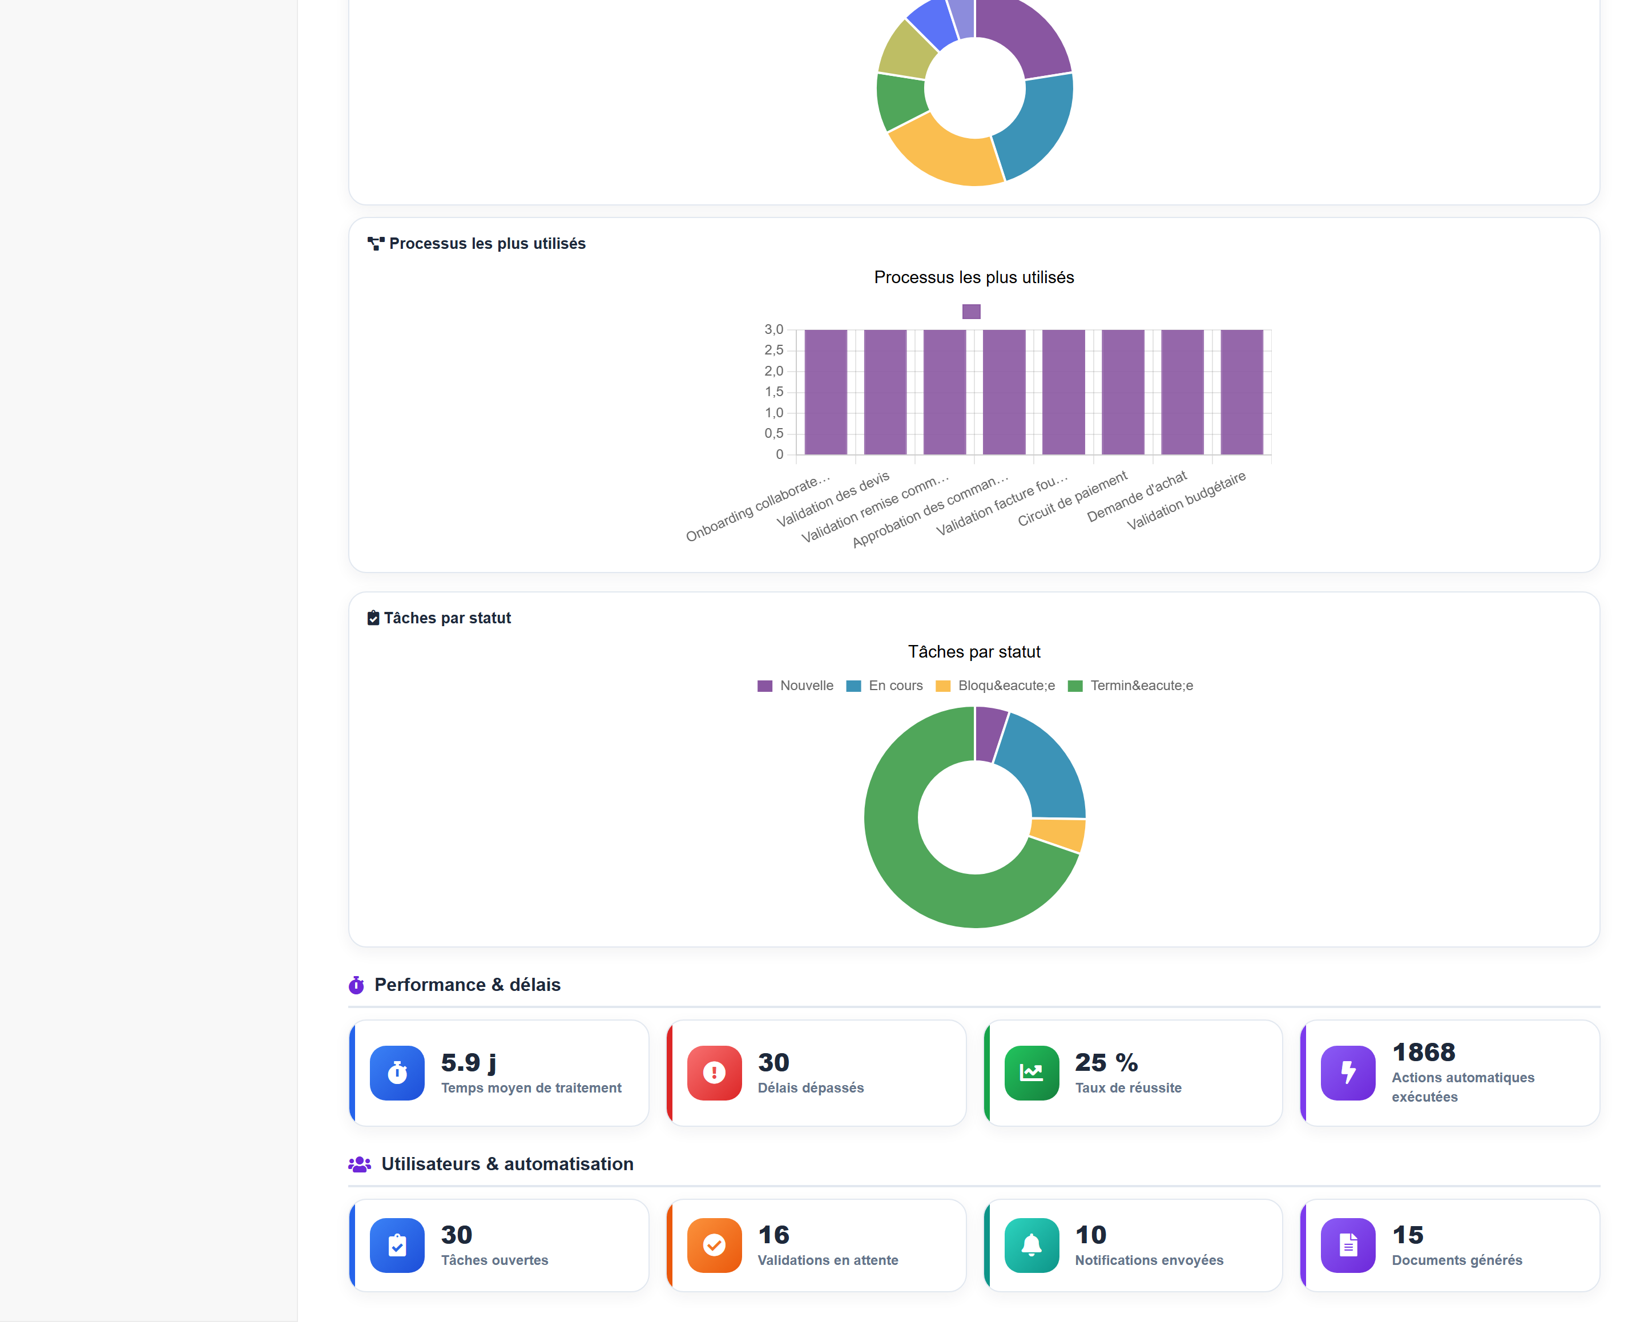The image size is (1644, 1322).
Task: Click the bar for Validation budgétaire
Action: coord(1242,392)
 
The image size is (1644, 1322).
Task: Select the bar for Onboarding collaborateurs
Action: coord(826,392)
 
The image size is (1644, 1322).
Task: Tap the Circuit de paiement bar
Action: coord(1122,392)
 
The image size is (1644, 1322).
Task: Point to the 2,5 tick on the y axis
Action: coord(774,350)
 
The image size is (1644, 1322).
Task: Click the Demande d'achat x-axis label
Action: coord(1137,497)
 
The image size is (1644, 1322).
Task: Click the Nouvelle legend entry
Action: coord(795,686)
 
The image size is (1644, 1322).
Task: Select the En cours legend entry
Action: coord(885,686)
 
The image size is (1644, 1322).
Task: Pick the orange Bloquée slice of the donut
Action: coord(1059,834)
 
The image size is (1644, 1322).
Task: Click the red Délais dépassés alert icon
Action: coord(715,1073)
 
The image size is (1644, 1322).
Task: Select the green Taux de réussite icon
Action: coord(1031,1073)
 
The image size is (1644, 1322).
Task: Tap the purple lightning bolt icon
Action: coord(1348,1073)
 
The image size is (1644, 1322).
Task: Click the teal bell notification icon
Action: coord(1031,1245)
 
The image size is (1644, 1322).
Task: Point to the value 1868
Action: coord(1424,1052)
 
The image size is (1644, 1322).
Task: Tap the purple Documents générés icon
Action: coord(1348,1245)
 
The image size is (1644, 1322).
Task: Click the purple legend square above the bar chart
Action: coord(970,311)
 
